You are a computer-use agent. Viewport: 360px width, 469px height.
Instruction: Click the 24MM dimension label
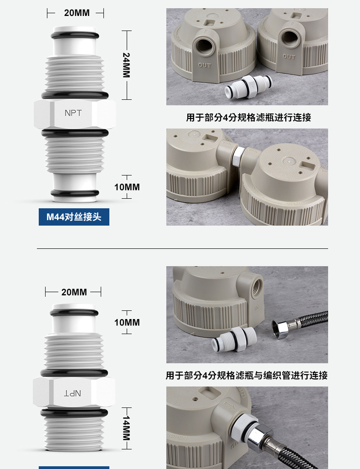(x=126, y=65)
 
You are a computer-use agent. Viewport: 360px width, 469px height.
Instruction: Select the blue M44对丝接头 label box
(x=74, y=217)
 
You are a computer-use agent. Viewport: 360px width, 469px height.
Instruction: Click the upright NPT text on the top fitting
(x=73, y=113)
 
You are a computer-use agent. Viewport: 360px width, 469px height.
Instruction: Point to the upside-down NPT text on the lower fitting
(x=72, y=393)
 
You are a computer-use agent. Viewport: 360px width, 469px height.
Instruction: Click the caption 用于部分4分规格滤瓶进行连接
(x=248, y=118)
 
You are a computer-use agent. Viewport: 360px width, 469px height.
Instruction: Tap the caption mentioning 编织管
(x=247, y=376)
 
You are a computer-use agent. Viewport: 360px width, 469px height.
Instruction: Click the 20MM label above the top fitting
(x=77, y=13)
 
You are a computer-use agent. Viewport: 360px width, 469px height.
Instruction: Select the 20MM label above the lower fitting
(x=74, y=292)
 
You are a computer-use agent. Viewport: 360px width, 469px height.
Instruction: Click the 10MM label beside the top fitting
(x=127, y=187)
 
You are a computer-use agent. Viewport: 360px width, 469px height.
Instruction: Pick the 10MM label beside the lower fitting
(x=127, y=322)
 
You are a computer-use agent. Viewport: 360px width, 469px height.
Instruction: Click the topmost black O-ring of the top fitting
(x=75, y=35)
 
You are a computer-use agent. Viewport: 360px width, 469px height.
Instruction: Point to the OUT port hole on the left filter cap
(x=204, y=47)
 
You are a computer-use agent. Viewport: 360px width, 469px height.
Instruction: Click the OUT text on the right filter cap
(x=289, y=57)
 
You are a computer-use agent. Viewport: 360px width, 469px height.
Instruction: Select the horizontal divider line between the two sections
(x=182, y=248)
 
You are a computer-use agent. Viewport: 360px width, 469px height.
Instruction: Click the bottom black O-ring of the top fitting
(x=75, y=193)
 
